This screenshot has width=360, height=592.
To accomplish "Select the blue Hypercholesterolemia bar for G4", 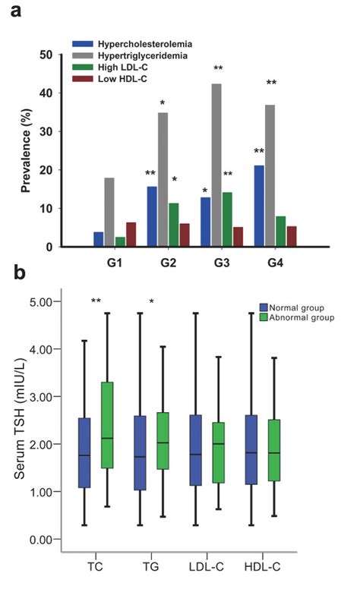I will point(260,206).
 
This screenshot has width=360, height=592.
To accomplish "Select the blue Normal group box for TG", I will point(139,463).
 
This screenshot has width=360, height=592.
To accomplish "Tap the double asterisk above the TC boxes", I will point(96,302).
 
